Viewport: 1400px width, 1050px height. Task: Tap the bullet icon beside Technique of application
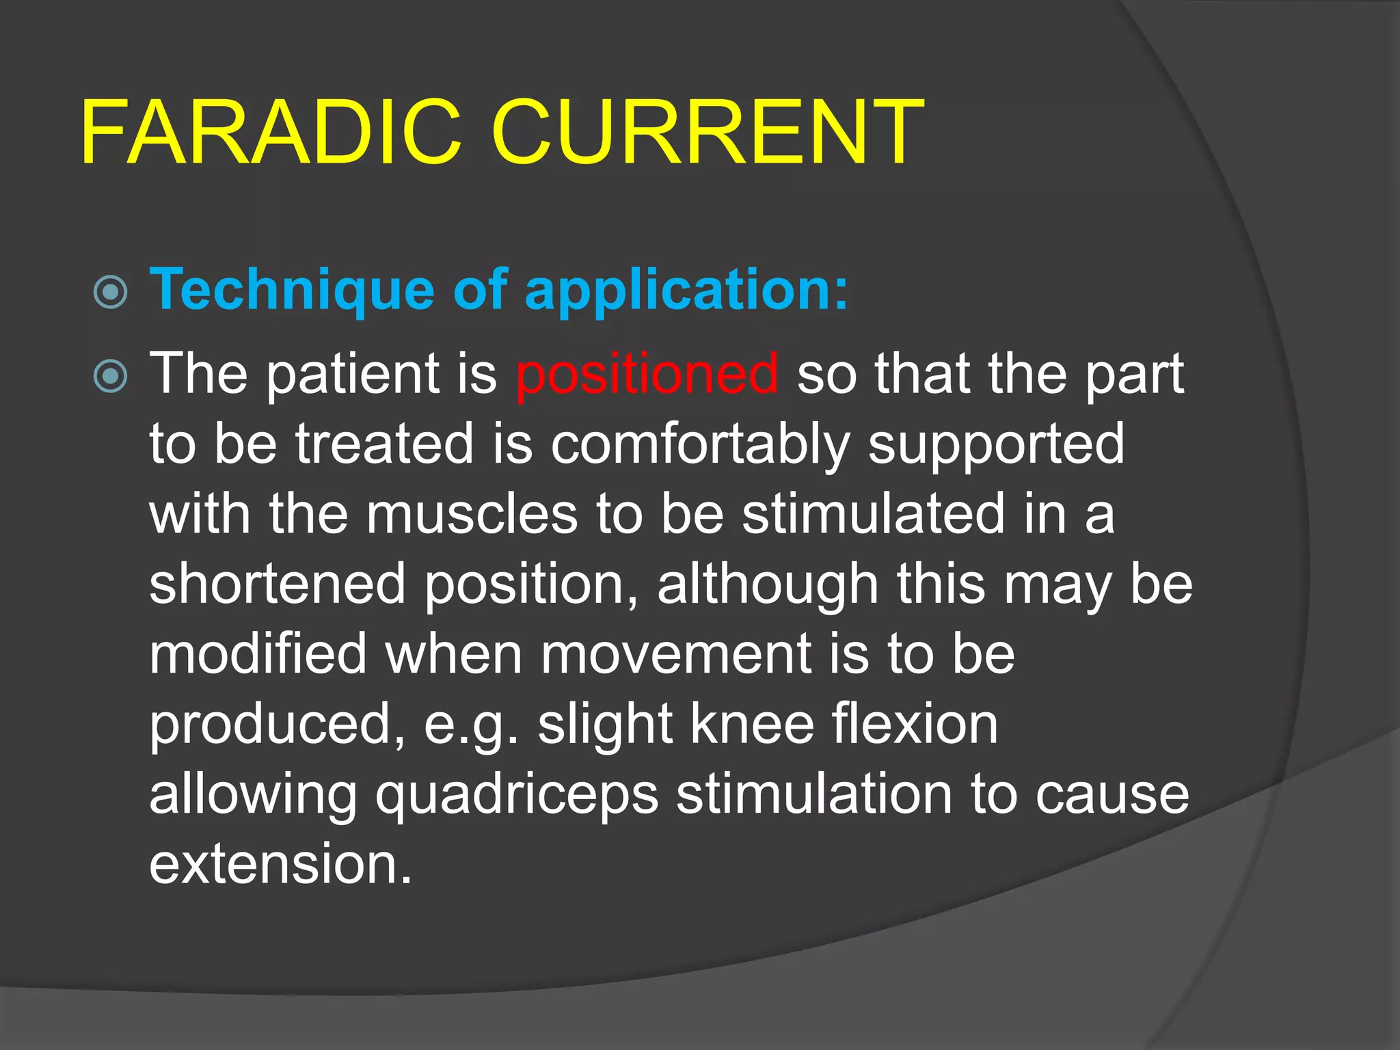pos(110,293)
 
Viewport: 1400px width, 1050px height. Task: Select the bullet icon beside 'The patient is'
pos(110,377)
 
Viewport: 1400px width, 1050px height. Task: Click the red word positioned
pos(647,374)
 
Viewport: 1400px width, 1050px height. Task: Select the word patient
pos(353,375)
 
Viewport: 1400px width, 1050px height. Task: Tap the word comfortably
pos(700,445)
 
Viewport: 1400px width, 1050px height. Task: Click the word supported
pos(996,445)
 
